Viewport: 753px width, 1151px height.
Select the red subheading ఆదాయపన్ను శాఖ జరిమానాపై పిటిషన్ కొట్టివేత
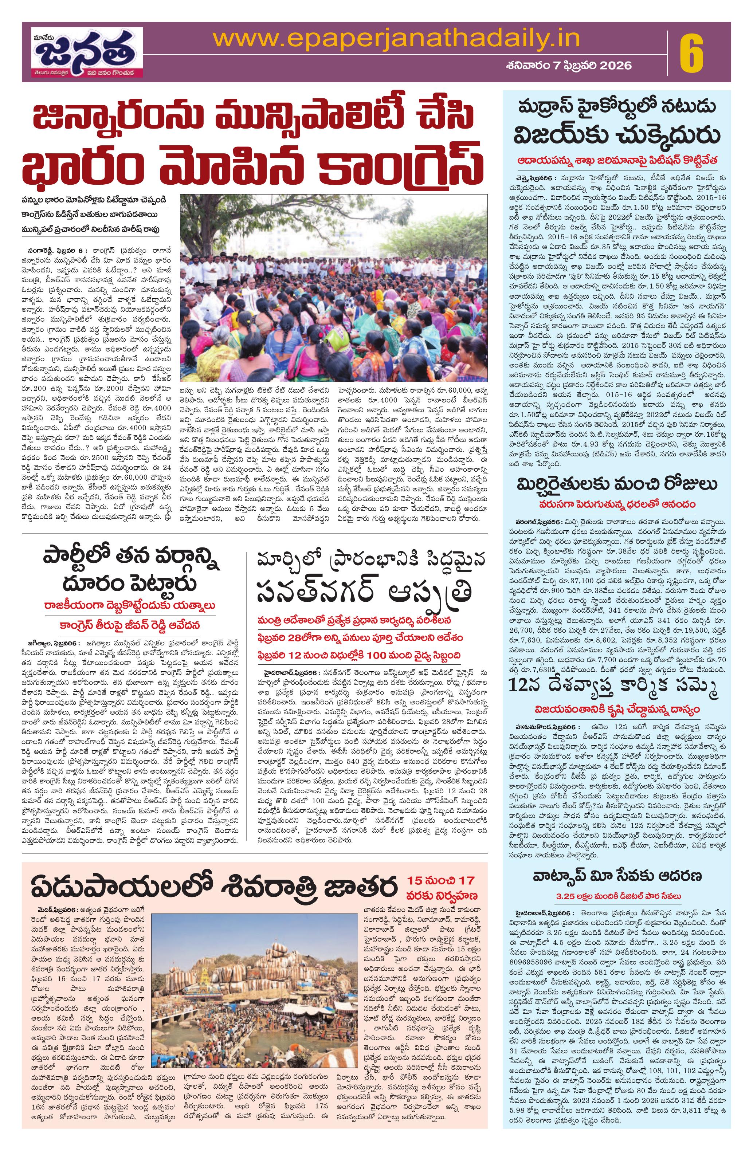point(617,160)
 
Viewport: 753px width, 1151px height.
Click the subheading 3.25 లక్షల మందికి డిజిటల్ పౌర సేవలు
point(617,881)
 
